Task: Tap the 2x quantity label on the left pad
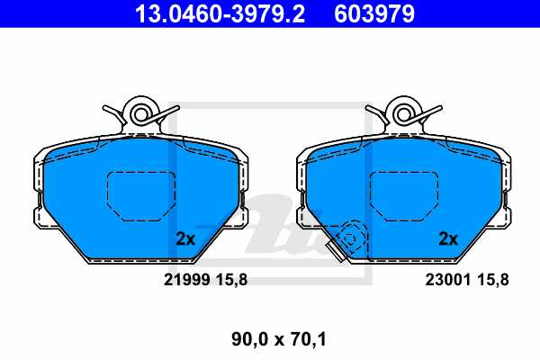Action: tap(184, 239)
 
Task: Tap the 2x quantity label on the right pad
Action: tap(448, 239)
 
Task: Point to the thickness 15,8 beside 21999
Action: tap(232, 280)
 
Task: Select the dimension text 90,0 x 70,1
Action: tap(270, 339)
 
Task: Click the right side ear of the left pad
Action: tap(241, 217)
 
